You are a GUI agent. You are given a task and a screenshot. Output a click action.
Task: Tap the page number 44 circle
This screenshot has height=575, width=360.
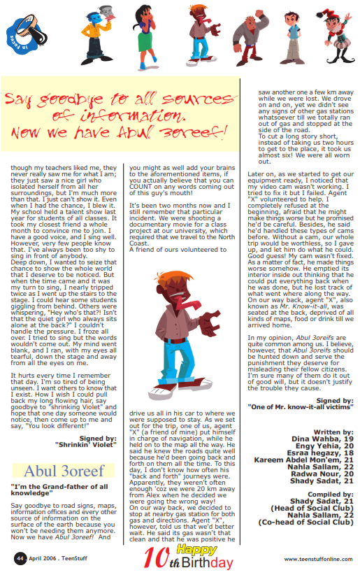pyautogui.click(x=20, y=558)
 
